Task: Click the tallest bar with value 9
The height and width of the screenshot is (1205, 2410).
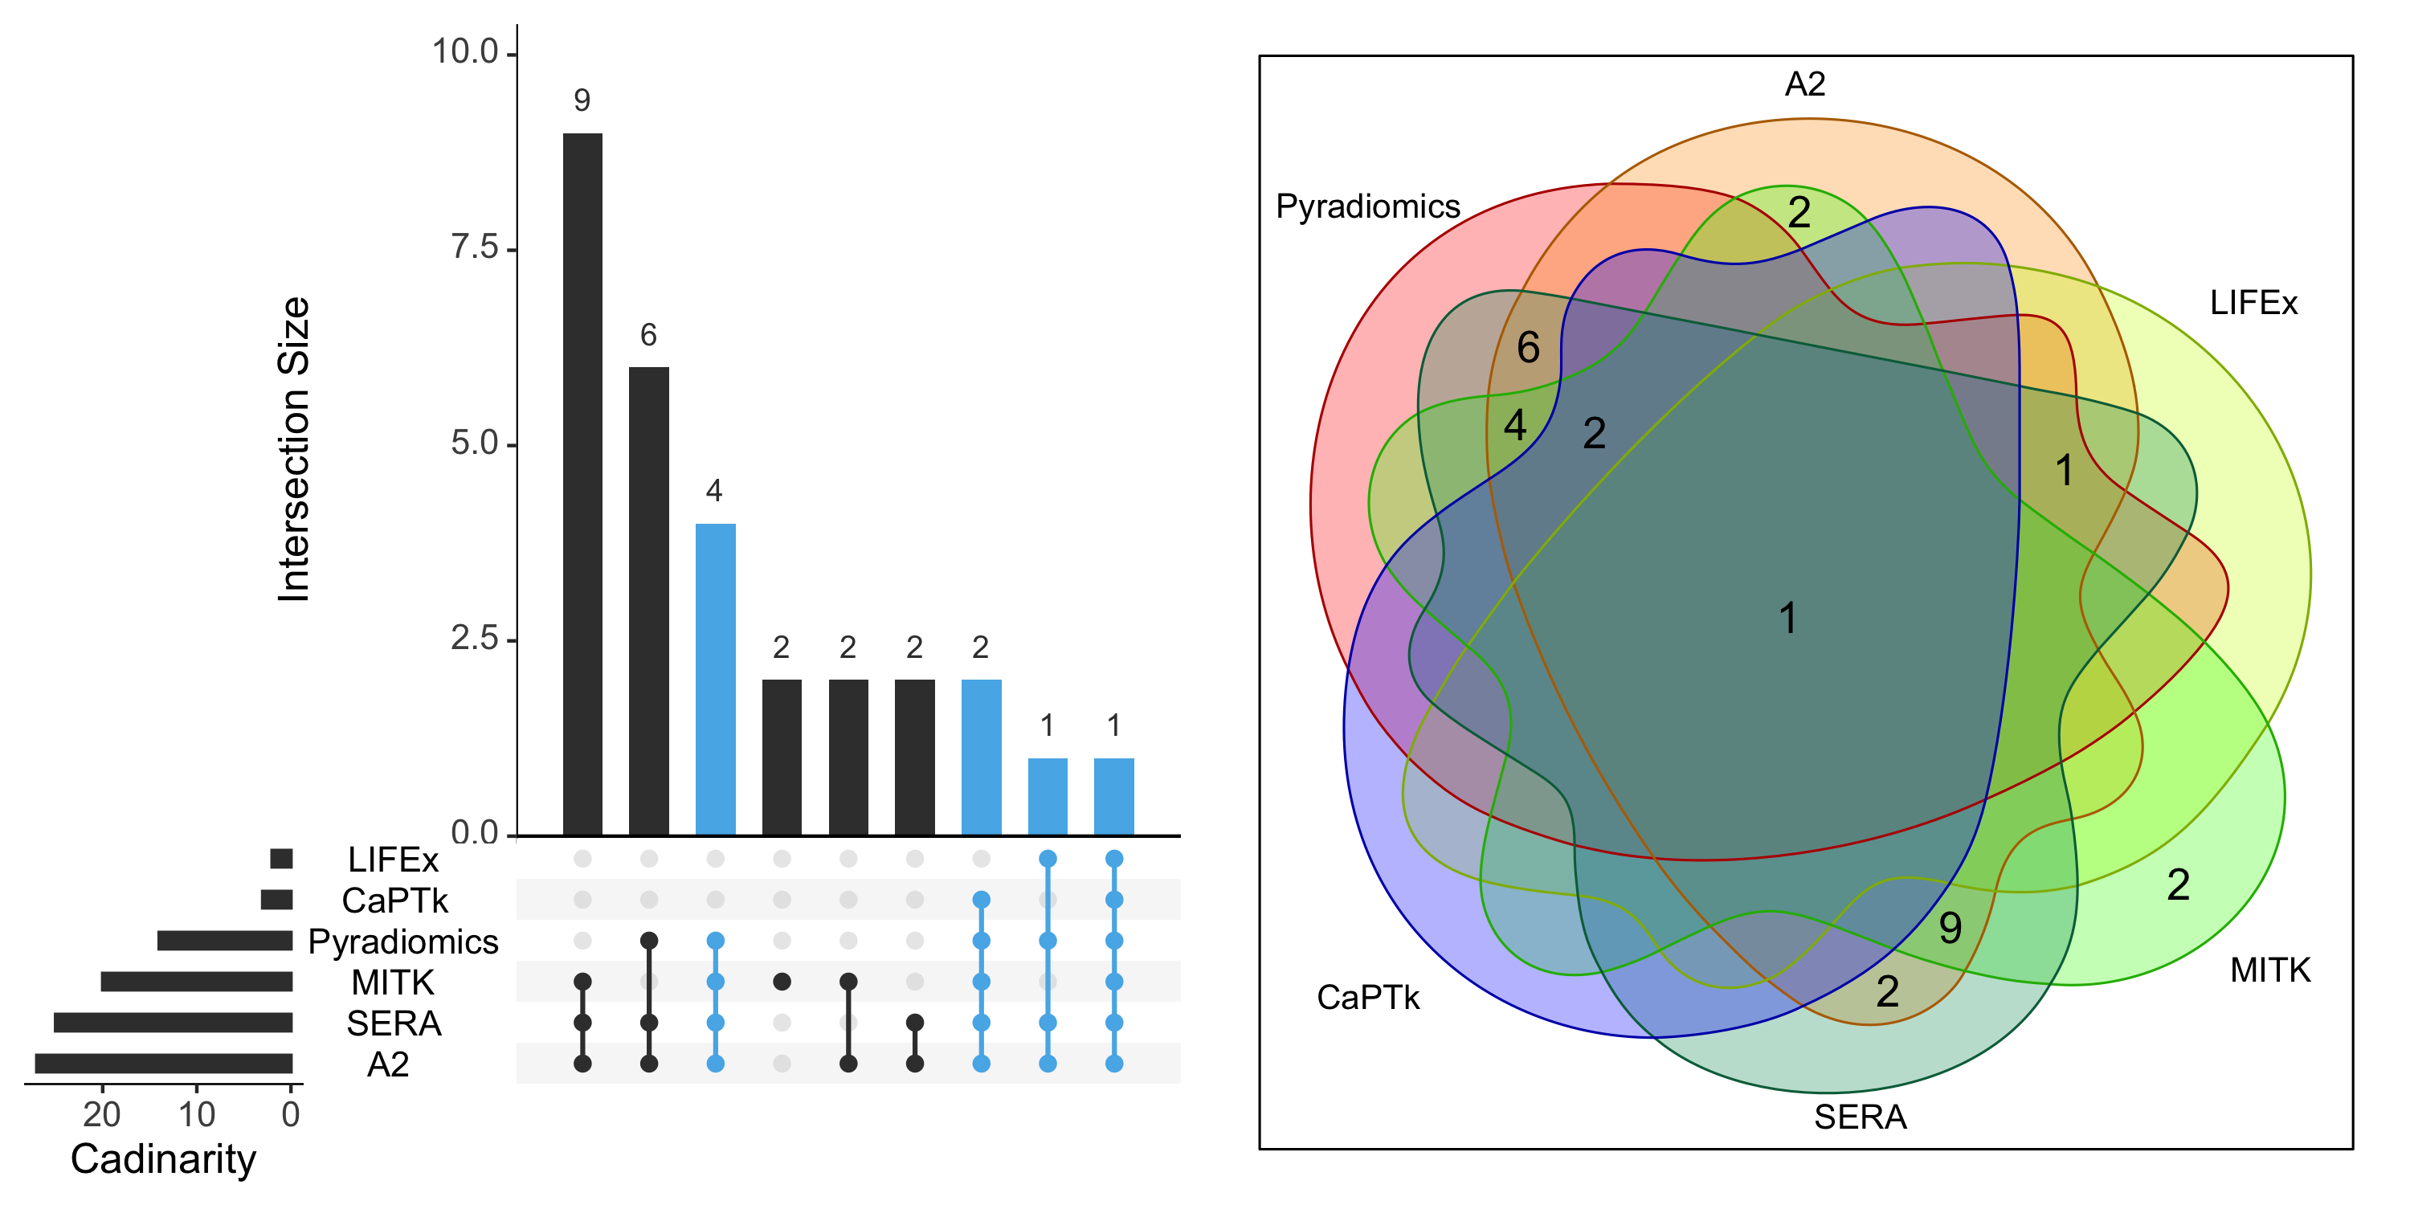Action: [582, 484]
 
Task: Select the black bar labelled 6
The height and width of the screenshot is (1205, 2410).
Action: [648, 601]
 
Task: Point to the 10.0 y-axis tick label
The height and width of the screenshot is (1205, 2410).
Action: [465, 52]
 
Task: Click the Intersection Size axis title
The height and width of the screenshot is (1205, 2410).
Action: [294, 449]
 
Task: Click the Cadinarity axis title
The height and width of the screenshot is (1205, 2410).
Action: [163, 1159]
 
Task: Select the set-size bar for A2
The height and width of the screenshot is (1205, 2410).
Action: [164, 1064]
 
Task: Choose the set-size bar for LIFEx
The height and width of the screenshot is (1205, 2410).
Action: [280, 859]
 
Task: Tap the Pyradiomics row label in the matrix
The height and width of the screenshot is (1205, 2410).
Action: [403, 942]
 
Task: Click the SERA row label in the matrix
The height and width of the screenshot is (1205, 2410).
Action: [394, 1024]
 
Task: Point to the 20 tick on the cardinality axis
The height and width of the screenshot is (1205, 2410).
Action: [102, 1114]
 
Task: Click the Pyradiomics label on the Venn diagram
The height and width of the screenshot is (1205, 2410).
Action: [1368, 206]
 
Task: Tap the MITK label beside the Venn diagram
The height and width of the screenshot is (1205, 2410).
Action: [2270, 970]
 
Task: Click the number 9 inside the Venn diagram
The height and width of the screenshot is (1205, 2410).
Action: [1950, 928]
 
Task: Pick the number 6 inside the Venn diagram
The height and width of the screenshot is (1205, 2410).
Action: [1528, 348]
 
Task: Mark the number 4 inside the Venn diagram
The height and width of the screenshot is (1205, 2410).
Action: [1514, 426]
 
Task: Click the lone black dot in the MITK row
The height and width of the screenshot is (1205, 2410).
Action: [782, 982]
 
